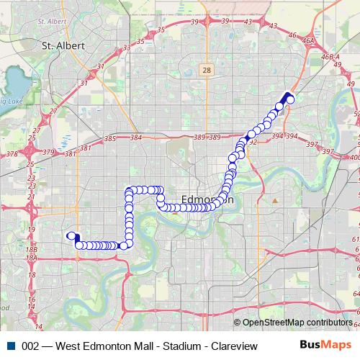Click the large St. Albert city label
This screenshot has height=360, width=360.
point(63,45)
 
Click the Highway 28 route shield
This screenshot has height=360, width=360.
point(207,69)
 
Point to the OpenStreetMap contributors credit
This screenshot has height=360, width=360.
point(296,323)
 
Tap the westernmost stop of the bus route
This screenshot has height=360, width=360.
point(71,235)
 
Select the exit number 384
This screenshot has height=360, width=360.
point(136,137)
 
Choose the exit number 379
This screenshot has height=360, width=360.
point(49,152)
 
